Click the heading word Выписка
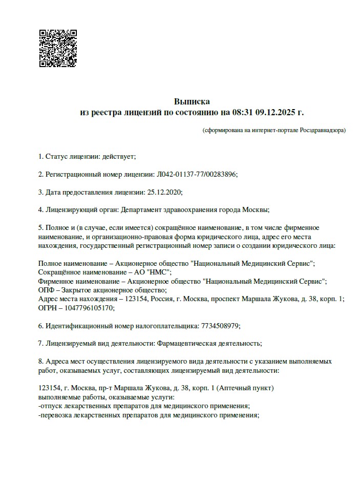click(192, 101)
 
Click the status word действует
click(118, 156)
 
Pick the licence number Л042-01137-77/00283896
click(196, 174)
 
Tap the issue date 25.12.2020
click(164, 192)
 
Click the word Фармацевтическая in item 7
click(183, 344)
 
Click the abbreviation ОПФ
click(46, 290)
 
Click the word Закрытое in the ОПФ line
click(77, 290)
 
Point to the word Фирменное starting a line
click(57, 282)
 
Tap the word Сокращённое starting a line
click(60, 272)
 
